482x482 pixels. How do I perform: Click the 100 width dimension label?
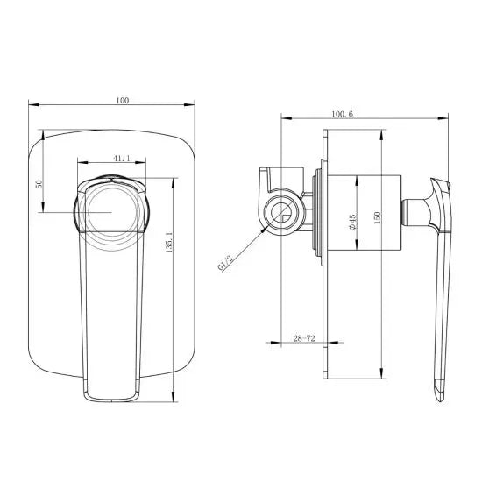pos(122,101)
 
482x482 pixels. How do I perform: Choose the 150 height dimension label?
pos(378,220)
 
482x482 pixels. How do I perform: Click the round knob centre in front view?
pos(111,212)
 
